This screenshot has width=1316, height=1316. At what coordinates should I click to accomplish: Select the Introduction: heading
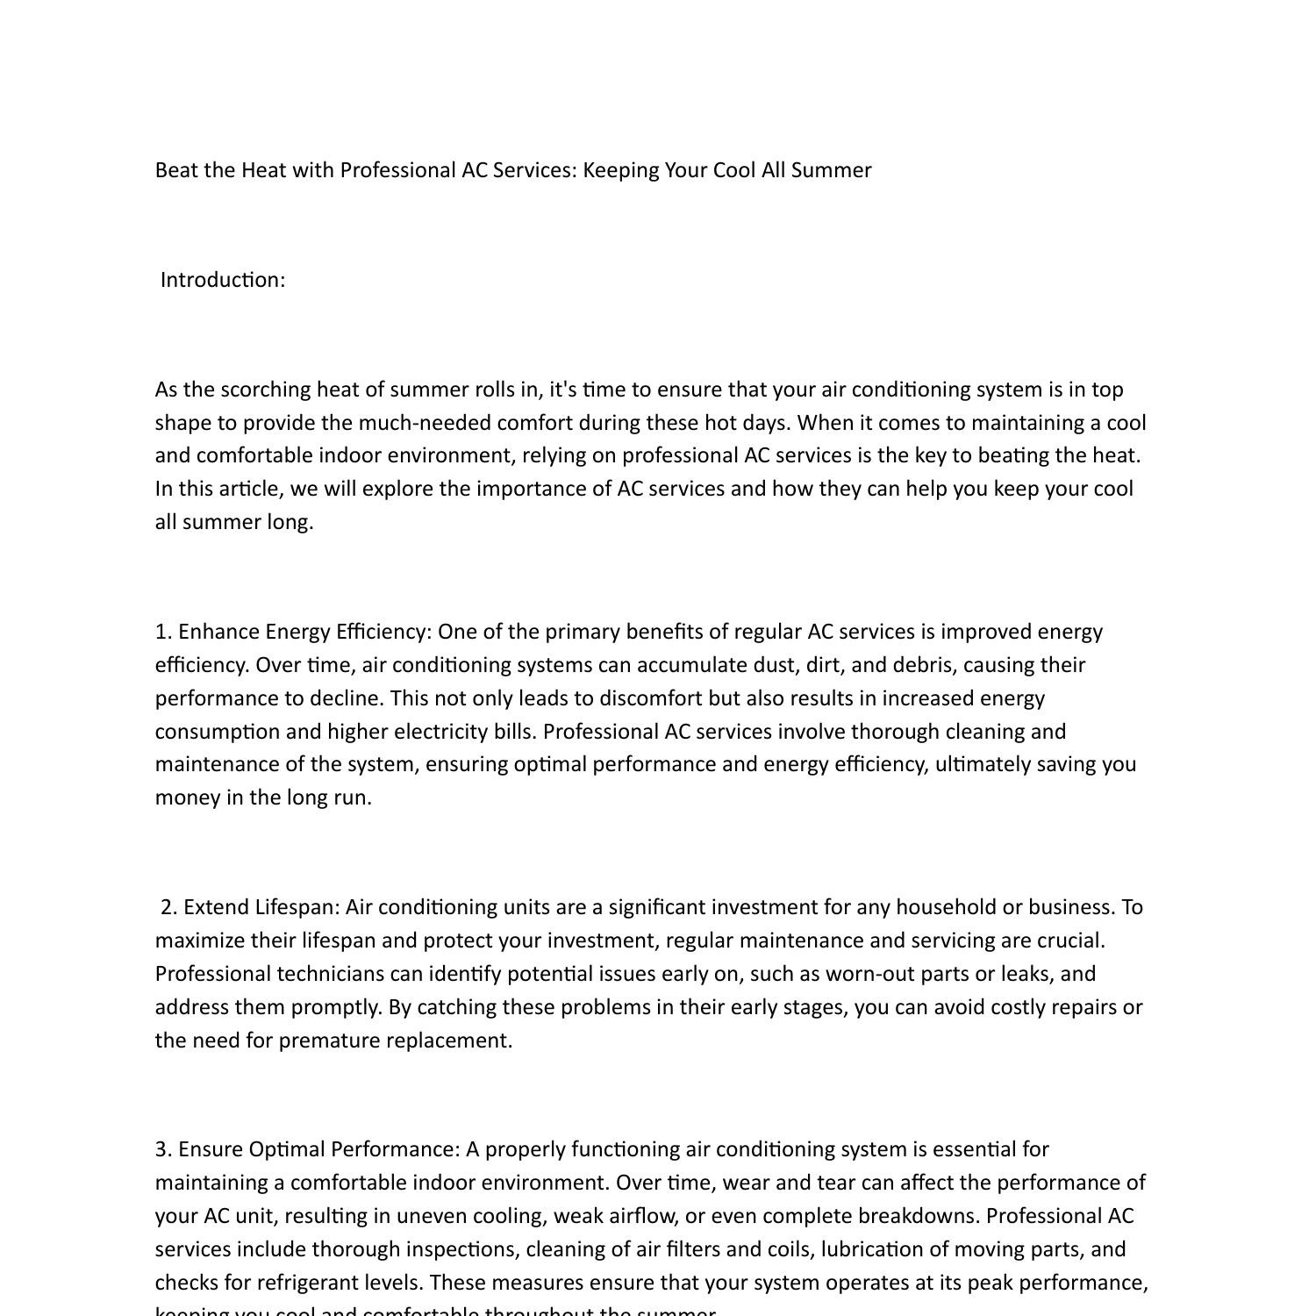click(223, 280)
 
